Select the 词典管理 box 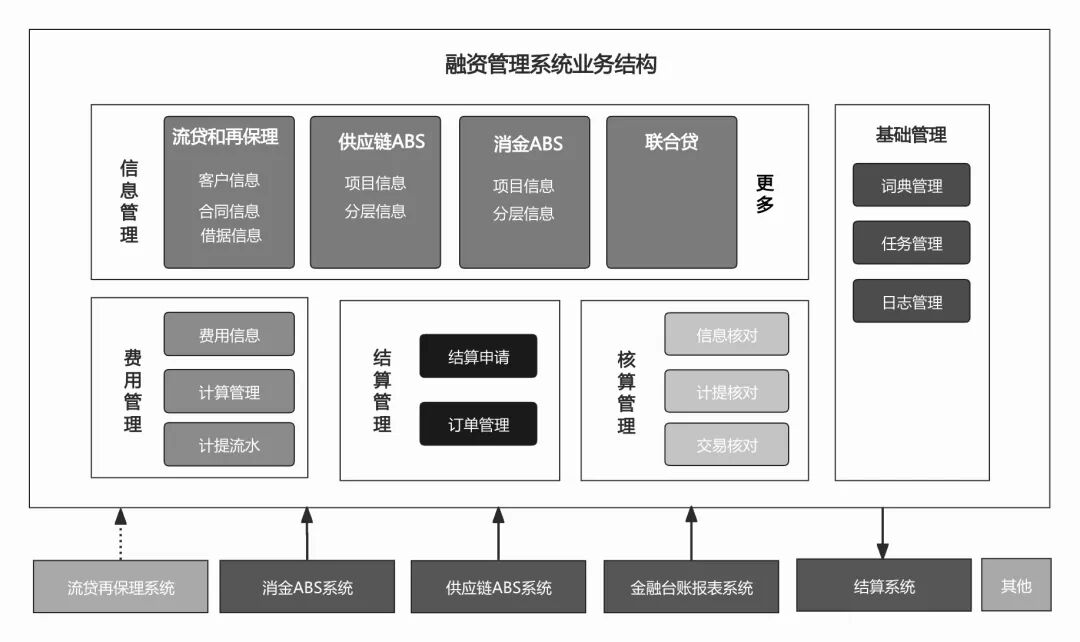[911, 186]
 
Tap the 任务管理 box [911, 243]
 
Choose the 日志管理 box [911, 301]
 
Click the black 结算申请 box [478, 357]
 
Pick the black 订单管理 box [478, 424]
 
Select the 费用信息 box [229, 335]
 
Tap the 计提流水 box [229, 445]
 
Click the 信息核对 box [726, 335]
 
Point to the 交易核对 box [726, 445]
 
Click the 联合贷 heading [671, 142]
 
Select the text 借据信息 [231, 236]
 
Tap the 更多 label [765, 194]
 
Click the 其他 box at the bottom [1016, 585]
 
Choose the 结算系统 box [883, 586]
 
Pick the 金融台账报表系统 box [691, 588]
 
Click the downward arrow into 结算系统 [882, 533]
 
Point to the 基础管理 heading [910, 135]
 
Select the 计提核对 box [726, 392]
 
